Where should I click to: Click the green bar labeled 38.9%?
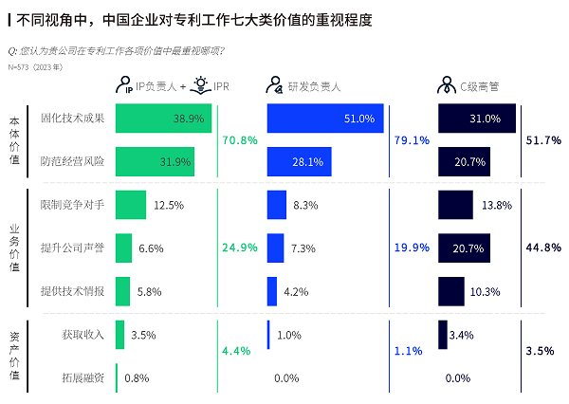pyautogui.click(x=163, y=119)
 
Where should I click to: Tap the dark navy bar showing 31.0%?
pyautogui.click(x=477, y=119)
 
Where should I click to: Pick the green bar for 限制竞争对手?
pyautogui.click(x=131, y=205)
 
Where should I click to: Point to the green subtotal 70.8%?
pyautogui.click(x=240, y=140)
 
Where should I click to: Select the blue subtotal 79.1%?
pyautogui.click(x=412, y=140)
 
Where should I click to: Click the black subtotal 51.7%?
pyautogui.click(x=542, y=140)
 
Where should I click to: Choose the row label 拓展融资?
pyautogui.click(x=83, y=377)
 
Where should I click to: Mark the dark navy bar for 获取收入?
pyautogui.click(x=442, y=334)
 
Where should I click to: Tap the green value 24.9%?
pyautogui.click(x=240, y=248)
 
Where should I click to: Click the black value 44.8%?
pyautogui.click(x=542, y=248)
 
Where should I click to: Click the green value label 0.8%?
pyautogui.click(x=137, y=377)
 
